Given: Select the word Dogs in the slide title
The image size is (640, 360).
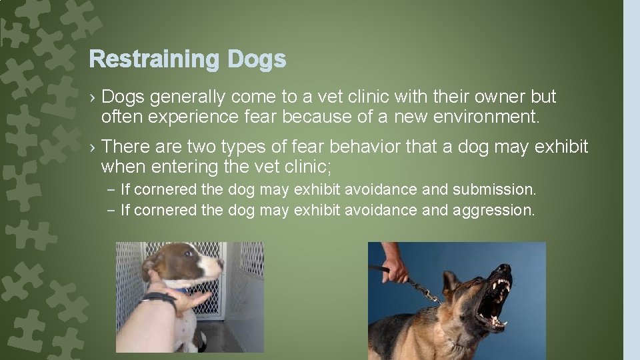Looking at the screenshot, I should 257,60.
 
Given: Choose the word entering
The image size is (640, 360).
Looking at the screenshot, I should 183,166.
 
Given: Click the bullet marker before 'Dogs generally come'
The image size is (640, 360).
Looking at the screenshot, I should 93,98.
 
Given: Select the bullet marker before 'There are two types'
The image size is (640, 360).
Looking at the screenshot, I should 93,147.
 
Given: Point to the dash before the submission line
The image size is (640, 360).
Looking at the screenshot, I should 111,190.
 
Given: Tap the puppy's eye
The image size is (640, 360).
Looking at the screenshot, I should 189,254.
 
